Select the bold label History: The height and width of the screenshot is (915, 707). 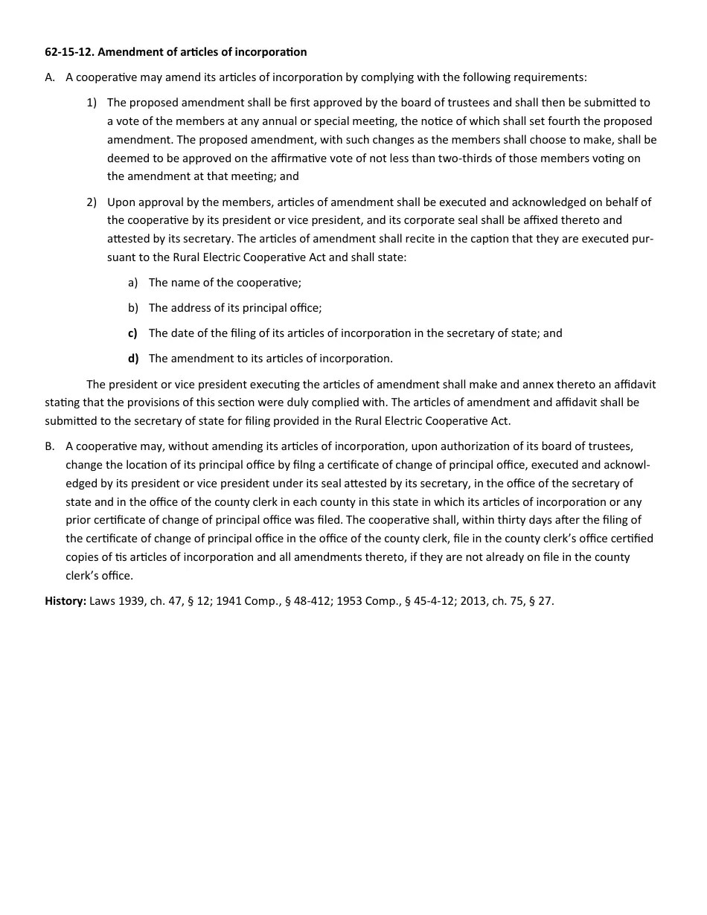65,601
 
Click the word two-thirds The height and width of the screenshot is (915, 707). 467,158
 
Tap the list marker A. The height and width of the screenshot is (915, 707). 50,77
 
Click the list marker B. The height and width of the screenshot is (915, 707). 50,446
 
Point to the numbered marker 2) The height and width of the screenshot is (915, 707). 92,202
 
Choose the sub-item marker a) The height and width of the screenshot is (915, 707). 133,283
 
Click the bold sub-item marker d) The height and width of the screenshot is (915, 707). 133,359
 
